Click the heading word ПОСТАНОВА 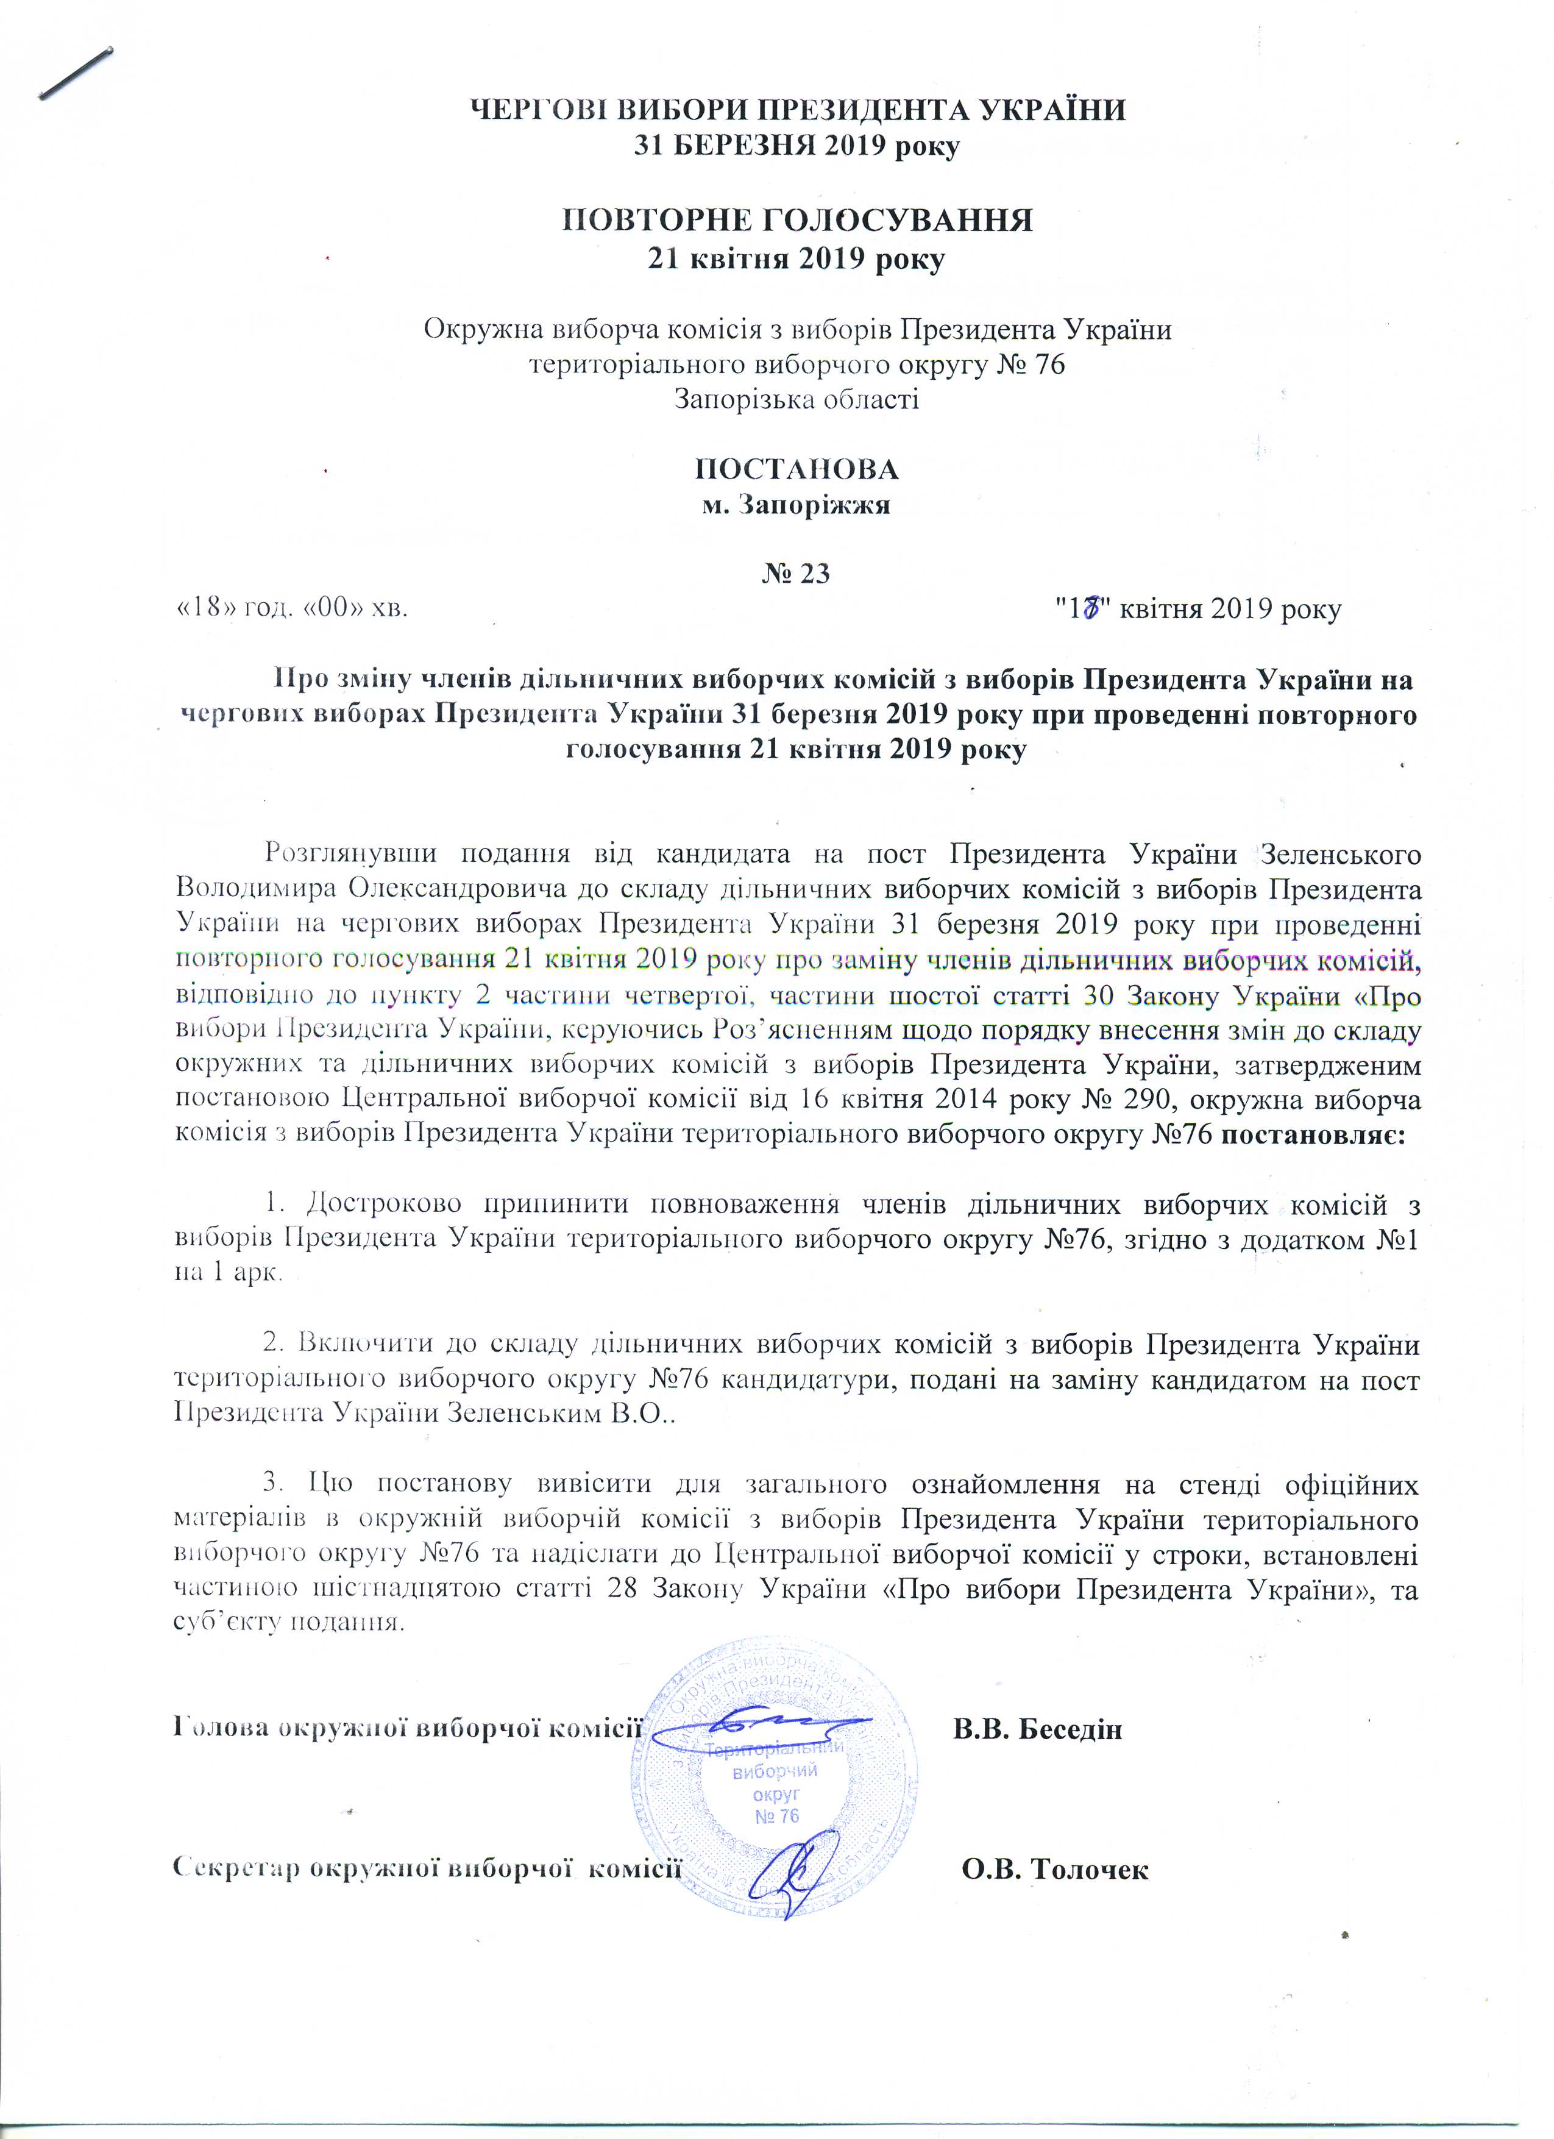point(797,469)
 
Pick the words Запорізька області point(797,399)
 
